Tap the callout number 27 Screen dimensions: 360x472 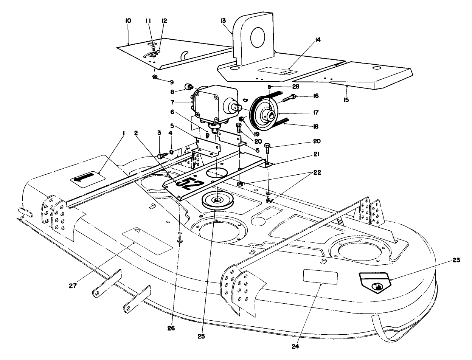point(73,286)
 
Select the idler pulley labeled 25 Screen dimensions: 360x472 point(215,200)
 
